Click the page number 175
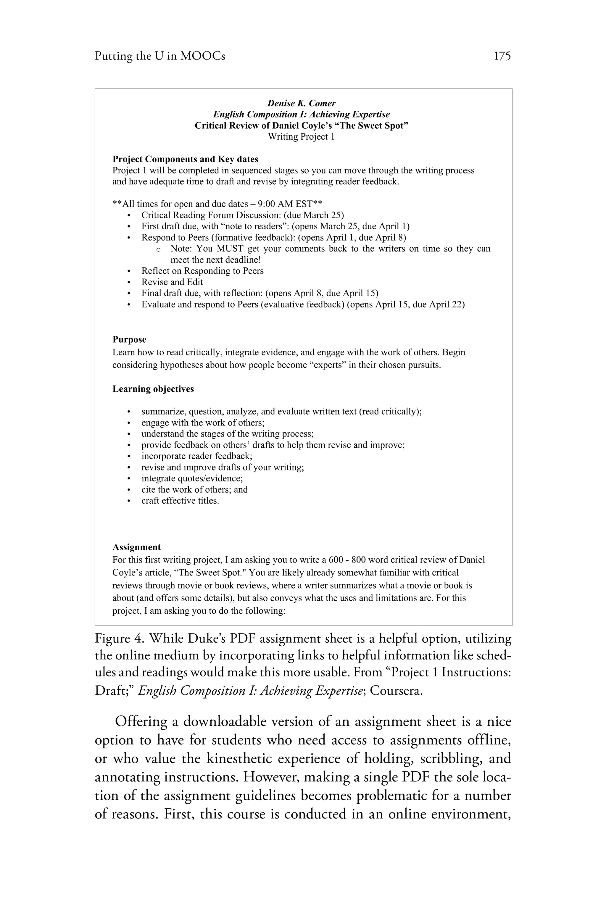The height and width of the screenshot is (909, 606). [502, 57]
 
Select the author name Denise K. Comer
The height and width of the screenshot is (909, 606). [302, 103]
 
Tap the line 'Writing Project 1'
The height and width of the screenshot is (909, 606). [302, 137]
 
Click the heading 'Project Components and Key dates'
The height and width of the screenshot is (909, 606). [185, 159]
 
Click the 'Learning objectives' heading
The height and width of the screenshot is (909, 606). [153, 389]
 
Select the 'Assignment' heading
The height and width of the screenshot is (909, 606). [136, 547]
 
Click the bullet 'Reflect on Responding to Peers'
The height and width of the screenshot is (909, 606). [202, 271]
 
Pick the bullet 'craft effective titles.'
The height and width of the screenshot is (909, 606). [180, 501]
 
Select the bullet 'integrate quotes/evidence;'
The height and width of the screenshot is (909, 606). [192, 478]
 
